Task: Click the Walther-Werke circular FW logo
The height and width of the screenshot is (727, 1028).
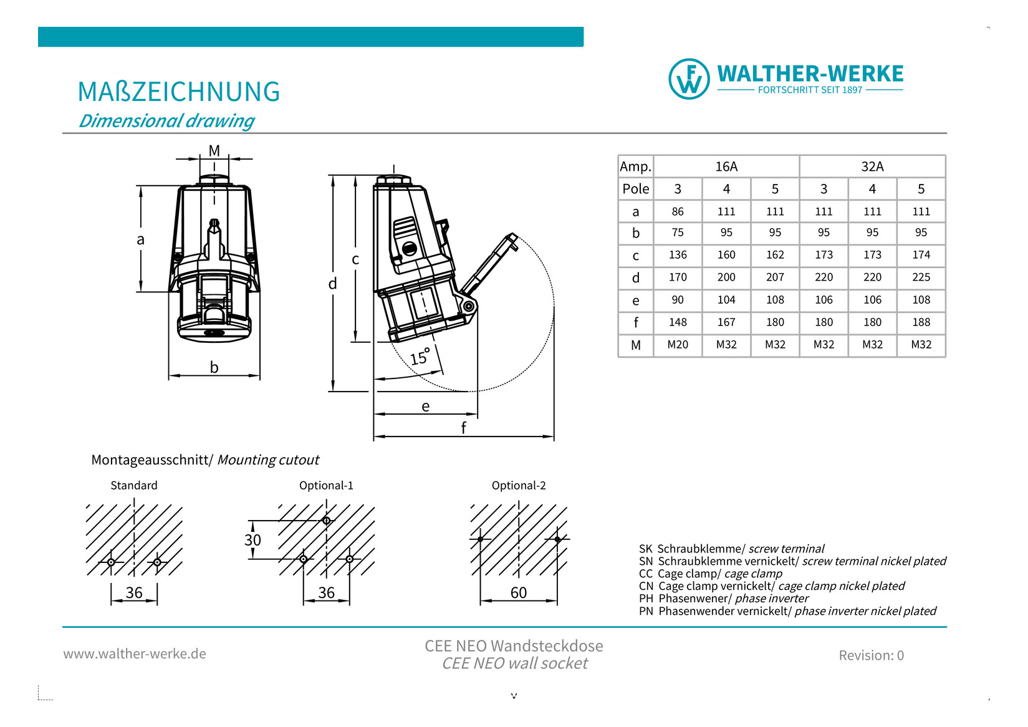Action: (x=689, y=79)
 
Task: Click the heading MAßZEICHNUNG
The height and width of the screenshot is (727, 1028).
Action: (x=179, y=92)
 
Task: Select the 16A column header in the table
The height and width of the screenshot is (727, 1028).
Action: (x=726, y=166)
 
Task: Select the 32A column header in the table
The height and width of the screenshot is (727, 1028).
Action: (x=872, y=166)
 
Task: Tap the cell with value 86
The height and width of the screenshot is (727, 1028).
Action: (x=678, y=211)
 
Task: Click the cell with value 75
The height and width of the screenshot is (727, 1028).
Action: (x=678, y=233)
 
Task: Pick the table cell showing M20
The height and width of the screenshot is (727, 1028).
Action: (x=678, y=344)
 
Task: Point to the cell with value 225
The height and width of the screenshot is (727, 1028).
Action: (x=921, y=277)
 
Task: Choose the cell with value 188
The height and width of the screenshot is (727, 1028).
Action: (x=921, y=322)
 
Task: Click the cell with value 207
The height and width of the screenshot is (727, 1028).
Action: (x=775, y=277)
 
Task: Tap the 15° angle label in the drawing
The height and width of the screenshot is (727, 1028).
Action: (x=420, y=357)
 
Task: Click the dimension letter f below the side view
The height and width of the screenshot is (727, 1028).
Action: (x=463, y=428)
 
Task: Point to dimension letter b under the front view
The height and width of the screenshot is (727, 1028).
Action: (x=214, y=367)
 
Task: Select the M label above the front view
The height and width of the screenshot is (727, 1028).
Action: (x=214, y=150)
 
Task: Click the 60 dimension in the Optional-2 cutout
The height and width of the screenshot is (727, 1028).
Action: (x=519, y=592)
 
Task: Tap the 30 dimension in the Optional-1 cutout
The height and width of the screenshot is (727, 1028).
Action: (x=252, y=540)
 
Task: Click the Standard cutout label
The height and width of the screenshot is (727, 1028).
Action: (x=134, y=485)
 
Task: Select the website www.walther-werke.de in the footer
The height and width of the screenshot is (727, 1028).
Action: (x=135, y=653)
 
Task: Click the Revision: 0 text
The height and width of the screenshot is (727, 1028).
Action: (x=871, y=655)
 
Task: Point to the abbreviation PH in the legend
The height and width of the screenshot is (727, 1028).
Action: (x=646, y=599)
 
